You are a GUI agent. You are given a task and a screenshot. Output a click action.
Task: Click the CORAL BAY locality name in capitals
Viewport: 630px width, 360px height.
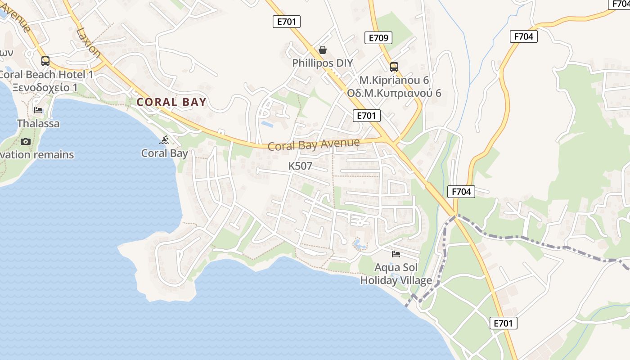(171, 102)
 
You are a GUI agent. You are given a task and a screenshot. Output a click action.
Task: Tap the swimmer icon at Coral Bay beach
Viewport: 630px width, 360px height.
(164, 140)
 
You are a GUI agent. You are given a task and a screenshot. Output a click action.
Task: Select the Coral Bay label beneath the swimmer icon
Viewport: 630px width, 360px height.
(164, 153)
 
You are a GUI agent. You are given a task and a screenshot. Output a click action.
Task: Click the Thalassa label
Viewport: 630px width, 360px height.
(38, 123)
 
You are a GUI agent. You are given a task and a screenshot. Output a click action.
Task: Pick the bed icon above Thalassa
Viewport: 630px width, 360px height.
(38, 110)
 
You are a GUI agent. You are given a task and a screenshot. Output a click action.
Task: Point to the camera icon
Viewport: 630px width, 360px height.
(26, 141)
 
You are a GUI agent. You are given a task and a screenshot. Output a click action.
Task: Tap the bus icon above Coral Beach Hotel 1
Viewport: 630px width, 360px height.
(45, 61)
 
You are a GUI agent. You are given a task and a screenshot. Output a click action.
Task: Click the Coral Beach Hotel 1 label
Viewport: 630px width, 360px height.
(46, 75)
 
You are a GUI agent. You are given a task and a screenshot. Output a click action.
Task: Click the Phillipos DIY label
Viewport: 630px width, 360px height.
(323, 63)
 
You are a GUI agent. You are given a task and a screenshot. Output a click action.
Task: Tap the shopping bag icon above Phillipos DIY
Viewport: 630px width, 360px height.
(323, 49)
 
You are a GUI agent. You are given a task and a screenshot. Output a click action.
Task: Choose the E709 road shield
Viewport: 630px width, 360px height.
(378, 38)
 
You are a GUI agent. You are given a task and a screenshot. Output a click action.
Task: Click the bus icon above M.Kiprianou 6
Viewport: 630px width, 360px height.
(394, 67)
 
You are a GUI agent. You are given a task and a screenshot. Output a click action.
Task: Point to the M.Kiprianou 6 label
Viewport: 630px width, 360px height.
(394, 81)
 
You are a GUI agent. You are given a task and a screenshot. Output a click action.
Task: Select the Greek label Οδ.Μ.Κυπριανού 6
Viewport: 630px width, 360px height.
(394, 93)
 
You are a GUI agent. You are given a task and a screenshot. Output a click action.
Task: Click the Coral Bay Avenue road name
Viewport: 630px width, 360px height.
(314, 144)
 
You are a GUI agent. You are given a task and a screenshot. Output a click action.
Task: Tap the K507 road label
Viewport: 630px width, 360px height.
(300, 166)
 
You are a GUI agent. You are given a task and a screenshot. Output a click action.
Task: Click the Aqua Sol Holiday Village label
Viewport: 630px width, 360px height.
(396, 274)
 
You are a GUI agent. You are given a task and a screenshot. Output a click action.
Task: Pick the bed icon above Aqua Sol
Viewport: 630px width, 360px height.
(396, 254)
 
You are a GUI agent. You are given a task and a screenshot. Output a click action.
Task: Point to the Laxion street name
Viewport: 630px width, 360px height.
(89, 43)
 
